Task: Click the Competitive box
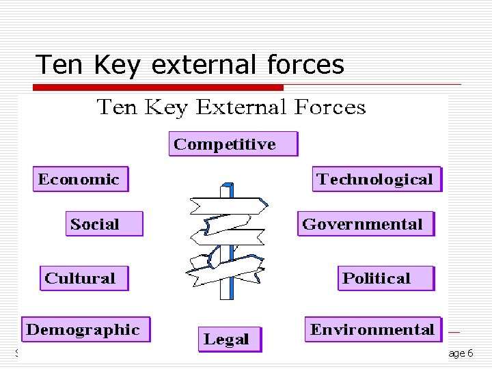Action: click(x=233, y=144)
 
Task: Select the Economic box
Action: click(x=80, y=180)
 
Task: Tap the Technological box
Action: click(x=377, y=180)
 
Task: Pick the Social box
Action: click(x=104, y=224)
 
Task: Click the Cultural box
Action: click(x=83, y=278)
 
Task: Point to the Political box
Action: click(x=386, y=278)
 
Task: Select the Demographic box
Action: click(x=85, y=329)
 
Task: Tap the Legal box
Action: click(x=230, y=339)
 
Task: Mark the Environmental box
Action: click(x=373, y=329)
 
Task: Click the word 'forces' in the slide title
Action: click(x=305, y=65)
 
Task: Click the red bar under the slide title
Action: click(x=159, y=87)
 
